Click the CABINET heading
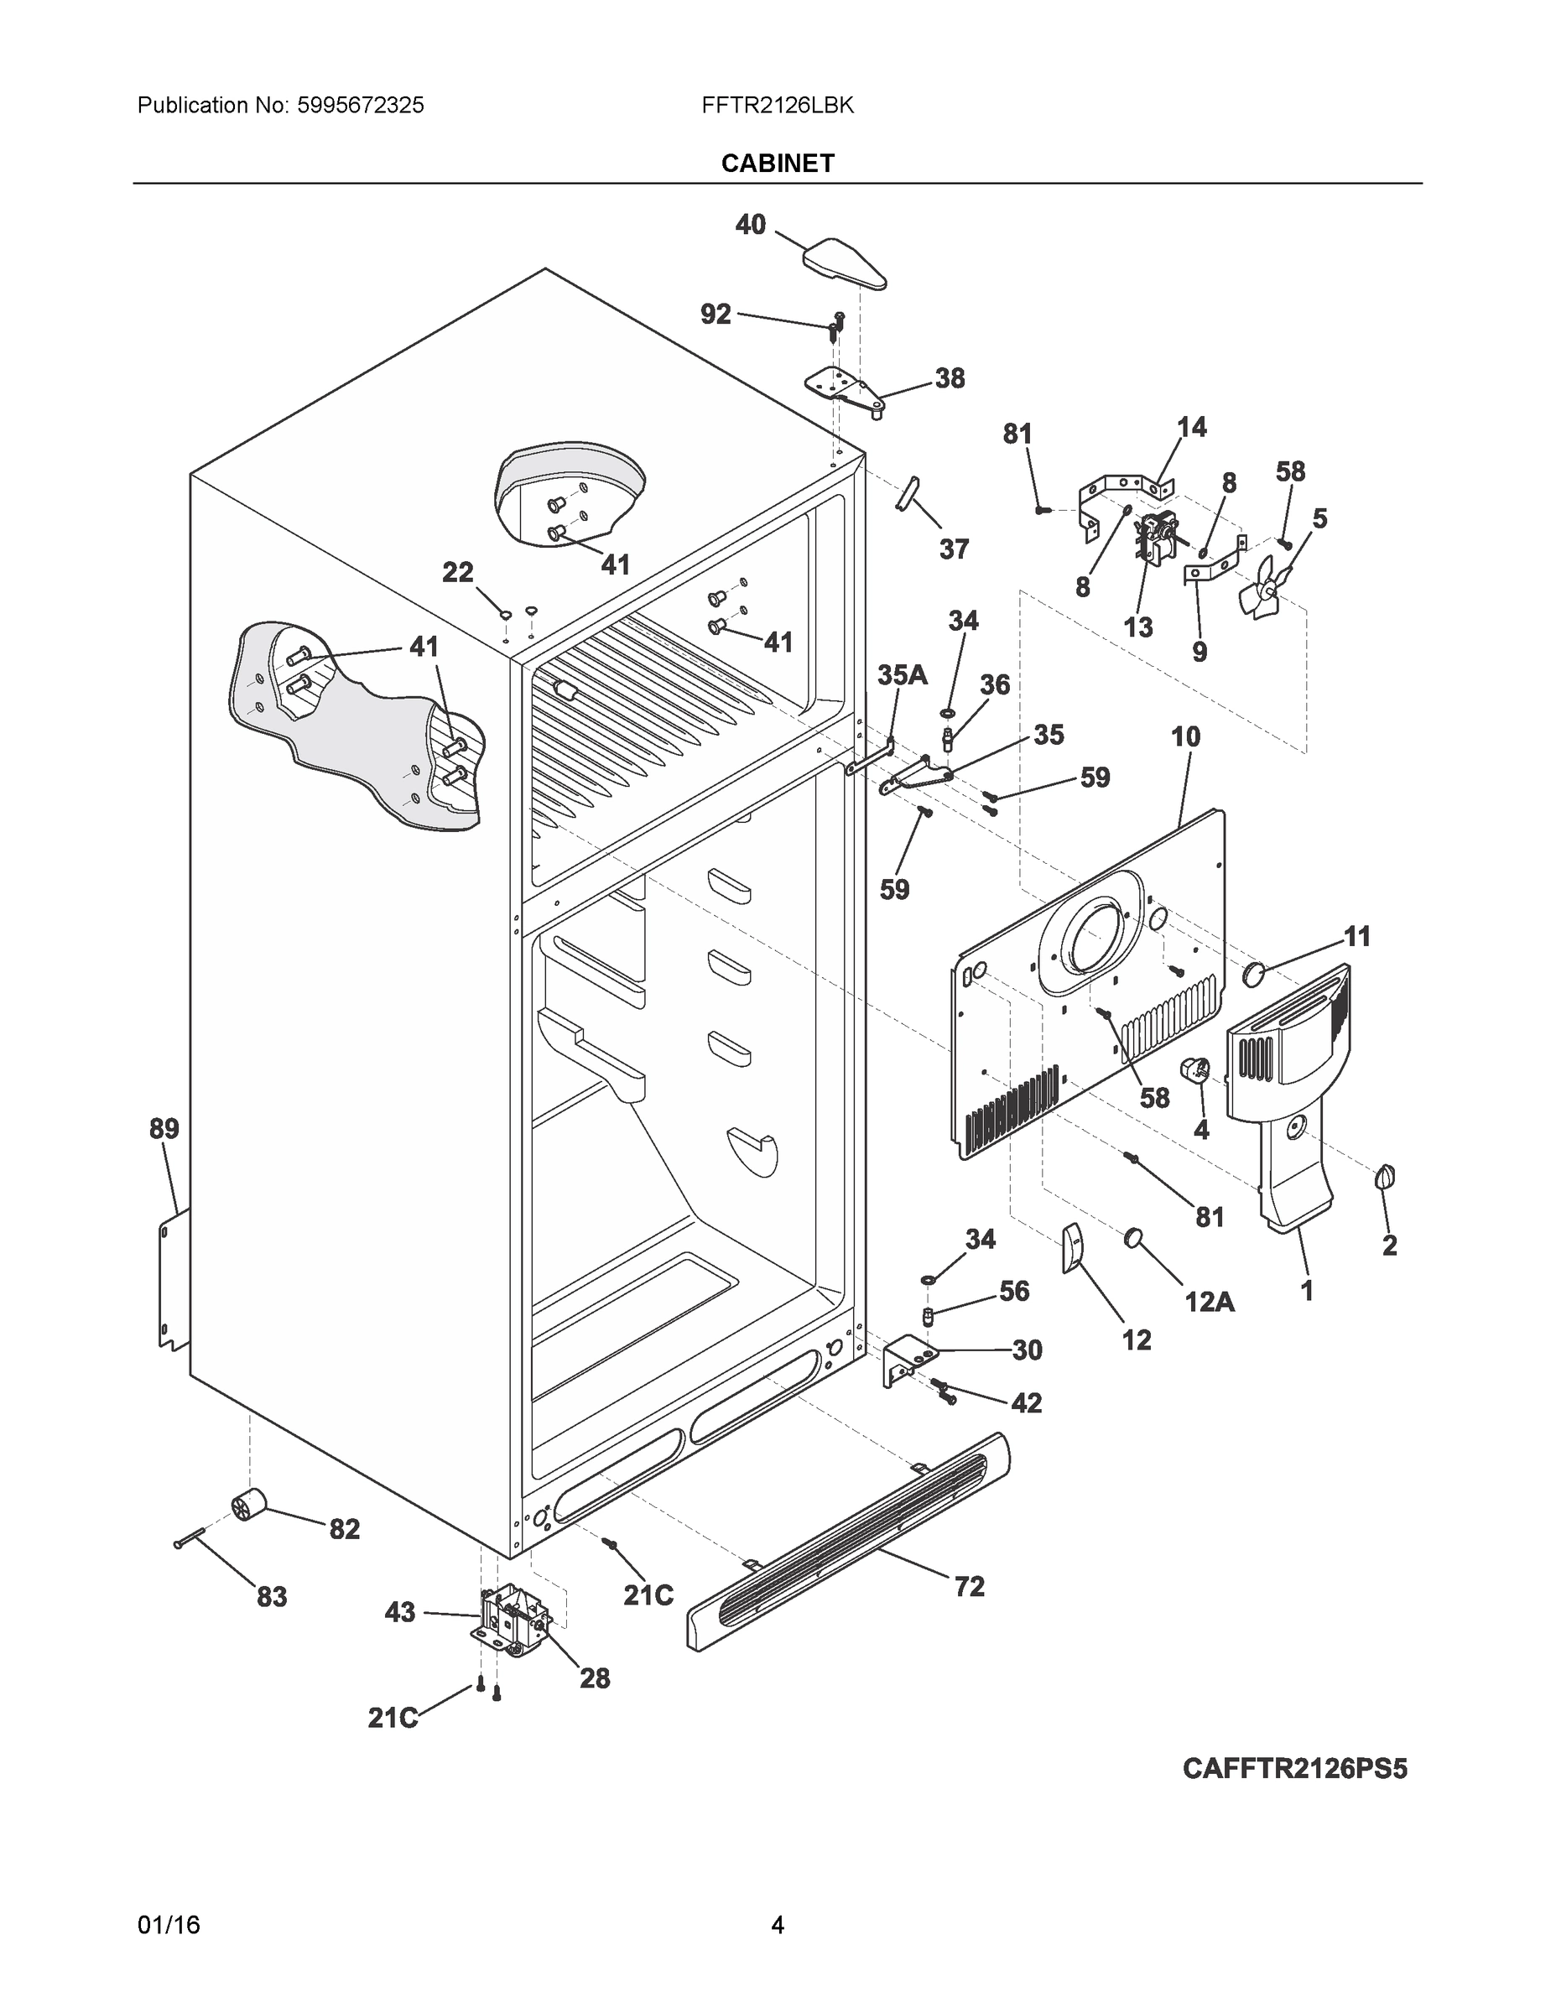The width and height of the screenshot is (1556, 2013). (x=777, y=164)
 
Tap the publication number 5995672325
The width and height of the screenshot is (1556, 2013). (x=361, y=106)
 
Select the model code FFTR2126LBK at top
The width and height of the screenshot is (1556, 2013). (x=777, y=106)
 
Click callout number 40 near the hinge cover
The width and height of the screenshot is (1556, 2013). (x=751, y=224)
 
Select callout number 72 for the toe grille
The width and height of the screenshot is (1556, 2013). (x=969, y=1586)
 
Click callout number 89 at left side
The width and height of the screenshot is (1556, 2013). (x=164, y=1128)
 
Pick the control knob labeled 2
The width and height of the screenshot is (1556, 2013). (x=1385, y=1178)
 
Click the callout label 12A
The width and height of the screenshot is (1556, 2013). (x=1209, y=1302)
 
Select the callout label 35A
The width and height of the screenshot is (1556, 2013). (x=902, y=674)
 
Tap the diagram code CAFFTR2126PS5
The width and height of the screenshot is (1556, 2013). (x=1294, y=1769)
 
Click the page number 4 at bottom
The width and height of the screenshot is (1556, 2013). (x=777, y=1926)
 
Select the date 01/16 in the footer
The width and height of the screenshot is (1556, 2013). (x=169, y=1926)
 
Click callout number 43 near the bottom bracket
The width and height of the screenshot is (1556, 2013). (x=400, y=1612)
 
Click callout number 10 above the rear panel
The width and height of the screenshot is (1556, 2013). (x=1185, y=736)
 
